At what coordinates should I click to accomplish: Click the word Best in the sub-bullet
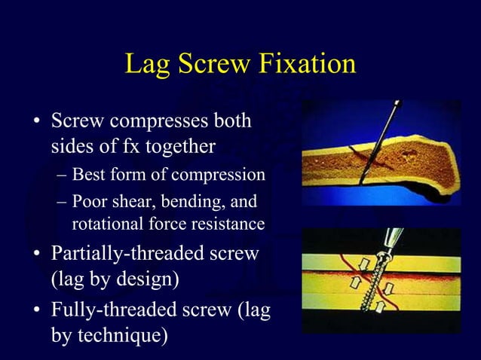coord(88,176)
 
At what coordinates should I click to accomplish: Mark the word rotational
coord(104,224)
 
